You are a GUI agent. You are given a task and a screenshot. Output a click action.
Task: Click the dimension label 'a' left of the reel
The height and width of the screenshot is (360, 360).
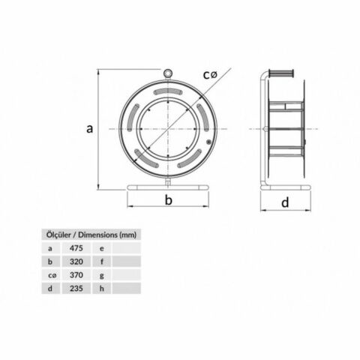tap(89, 129)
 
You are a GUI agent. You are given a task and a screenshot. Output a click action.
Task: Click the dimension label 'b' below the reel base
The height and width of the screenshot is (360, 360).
tap(169, 200)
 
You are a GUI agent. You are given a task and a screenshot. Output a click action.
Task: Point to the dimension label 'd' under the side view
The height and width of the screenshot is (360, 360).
tap(285, 202)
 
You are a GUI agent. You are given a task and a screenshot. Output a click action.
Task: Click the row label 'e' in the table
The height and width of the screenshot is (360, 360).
tap(101, 247)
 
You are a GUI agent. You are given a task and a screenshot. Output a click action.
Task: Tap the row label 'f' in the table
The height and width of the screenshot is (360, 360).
tap(101, 260)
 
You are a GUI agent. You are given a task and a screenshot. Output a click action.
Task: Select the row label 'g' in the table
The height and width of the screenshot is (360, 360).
tap(101, 274)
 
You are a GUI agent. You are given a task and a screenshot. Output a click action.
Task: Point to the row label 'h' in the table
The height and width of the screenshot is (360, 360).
tap(101, 288)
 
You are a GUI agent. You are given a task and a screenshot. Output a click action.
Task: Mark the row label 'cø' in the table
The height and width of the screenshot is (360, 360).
tap(50, 274)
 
